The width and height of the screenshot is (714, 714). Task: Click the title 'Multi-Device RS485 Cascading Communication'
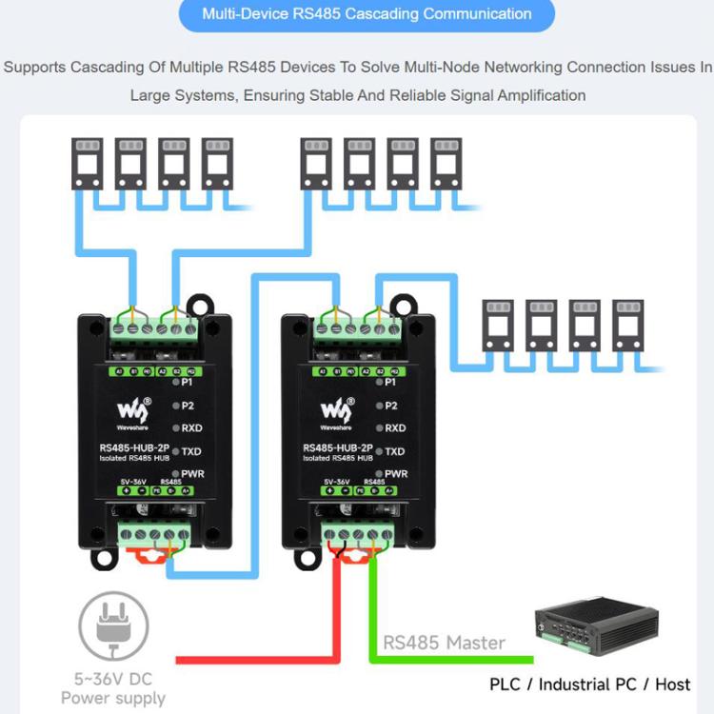click(x=367, y=14)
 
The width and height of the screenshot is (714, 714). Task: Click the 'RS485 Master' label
click(x=444, y=643)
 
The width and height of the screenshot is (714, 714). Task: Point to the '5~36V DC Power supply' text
click(x=112, y=689)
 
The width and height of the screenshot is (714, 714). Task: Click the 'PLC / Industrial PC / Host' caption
click(x=589, y=684)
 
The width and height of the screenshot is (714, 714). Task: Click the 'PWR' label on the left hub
click(x=193, y=473)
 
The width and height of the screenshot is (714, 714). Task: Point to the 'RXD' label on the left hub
click(x=193, y=428)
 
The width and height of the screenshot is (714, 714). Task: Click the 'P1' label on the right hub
click(x=391, y=383)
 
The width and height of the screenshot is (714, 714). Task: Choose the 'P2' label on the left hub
click(x=188, y=406)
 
